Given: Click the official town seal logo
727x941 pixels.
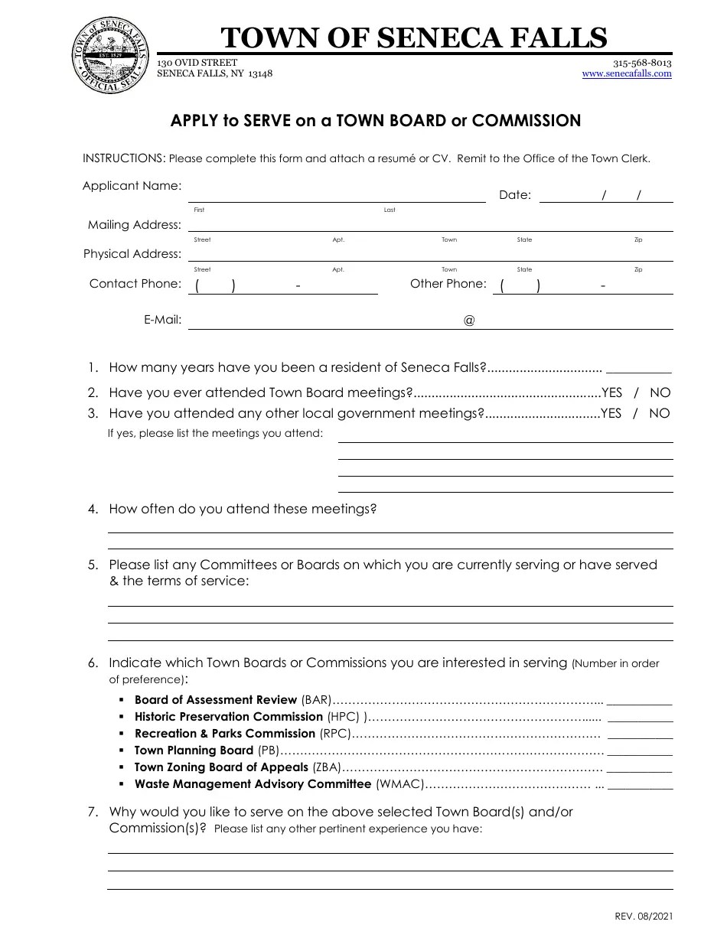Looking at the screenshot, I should (x=109, y=56).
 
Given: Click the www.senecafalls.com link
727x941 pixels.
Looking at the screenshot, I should (x=627, y=74).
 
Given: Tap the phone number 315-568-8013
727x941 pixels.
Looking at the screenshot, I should (x=642, y=63).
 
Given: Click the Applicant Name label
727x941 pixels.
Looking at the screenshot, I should (x=132, y=186).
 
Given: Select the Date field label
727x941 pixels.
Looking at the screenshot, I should (x=514, y=195).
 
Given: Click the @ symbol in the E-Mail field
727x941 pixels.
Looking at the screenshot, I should (x=469, y=321).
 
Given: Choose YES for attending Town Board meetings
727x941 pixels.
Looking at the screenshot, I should (x=612, y=392).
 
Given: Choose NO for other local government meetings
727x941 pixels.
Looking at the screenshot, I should (x=660, y=413).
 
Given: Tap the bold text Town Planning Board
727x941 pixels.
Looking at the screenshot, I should (x=194, y=751).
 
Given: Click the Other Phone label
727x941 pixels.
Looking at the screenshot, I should (x=448, y=284).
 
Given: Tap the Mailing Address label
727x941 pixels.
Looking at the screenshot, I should (x=135, y=225).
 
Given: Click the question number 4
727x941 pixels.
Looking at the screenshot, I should (x=93, y=509).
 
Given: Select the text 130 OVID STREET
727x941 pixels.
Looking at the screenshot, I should (x=197, y=63).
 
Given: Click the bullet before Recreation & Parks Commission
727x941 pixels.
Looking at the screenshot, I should (x=122, y=734).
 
